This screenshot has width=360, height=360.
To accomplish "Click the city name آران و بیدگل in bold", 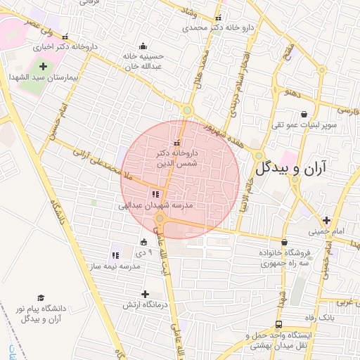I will (306, 168).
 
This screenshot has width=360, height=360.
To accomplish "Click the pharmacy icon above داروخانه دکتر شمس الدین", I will (176, 143).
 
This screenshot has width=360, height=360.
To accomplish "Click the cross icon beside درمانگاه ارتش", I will (145, 294).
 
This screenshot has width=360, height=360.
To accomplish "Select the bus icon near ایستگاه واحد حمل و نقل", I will (279, 324).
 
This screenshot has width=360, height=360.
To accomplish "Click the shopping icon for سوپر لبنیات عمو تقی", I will (304, 113).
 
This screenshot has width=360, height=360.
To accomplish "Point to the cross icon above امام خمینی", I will (326, 220).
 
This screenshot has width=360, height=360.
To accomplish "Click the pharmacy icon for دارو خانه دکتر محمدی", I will (218, 18).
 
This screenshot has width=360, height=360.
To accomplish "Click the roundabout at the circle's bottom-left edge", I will (161, 221).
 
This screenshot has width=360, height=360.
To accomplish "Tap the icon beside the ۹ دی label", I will (144, 243).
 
